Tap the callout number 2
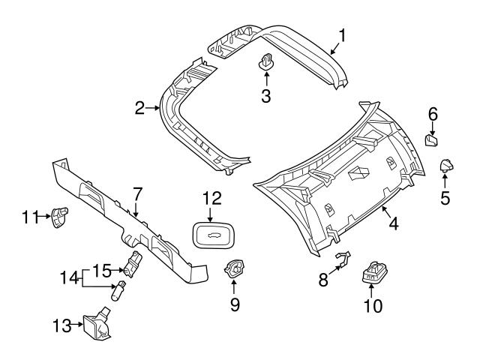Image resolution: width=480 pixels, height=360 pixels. coord(139,109)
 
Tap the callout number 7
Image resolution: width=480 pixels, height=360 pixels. coord(136,193)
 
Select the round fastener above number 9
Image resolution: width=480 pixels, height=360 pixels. coord(234,267)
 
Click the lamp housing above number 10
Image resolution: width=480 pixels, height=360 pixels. coord(373,272)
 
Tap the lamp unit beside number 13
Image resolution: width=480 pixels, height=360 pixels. coord(96,325)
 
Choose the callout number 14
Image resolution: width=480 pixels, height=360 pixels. coord(70,277)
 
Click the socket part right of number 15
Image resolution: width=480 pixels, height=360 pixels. coord(134,263)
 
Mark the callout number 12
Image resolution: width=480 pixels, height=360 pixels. coord(212,198)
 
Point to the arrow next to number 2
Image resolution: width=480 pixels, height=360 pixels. coord(154,109)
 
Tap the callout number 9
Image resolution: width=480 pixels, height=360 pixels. coord(233,305)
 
